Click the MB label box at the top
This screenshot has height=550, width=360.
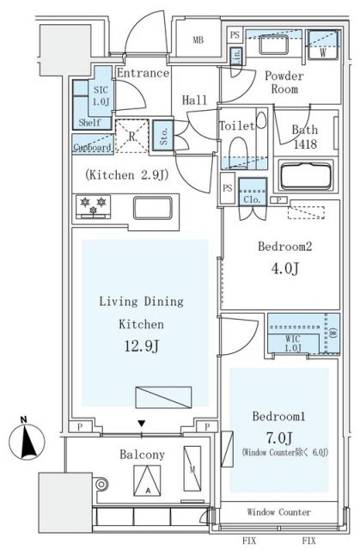click(x=198, y=40)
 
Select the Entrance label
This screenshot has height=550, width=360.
click(x=143, y=73)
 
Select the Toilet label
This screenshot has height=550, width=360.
click(x=236, y=126)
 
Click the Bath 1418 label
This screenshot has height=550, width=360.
click(x=305, y=137)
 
